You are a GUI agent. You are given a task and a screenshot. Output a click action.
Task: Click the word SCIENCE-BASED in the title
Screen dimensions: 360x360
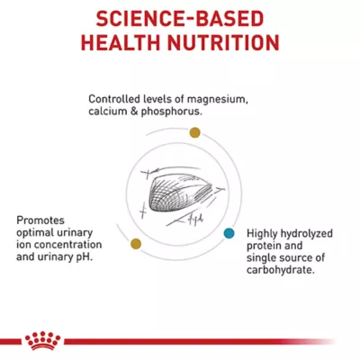[181, 18]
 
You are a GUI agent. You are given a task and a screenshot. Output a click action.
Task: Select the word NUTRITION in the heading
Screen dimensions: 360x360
[220, 42]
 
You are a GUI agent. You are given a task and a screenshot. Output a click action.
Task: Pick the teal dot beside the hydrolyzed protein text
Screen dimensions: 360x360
[229, 233]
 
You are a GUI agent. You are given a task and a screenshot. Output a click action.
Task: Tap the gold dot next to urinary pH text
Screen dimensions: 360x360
[136, 244]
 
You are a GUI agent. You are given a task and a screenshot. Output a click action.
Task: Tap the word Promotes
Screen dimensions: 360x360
[40, 220]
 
